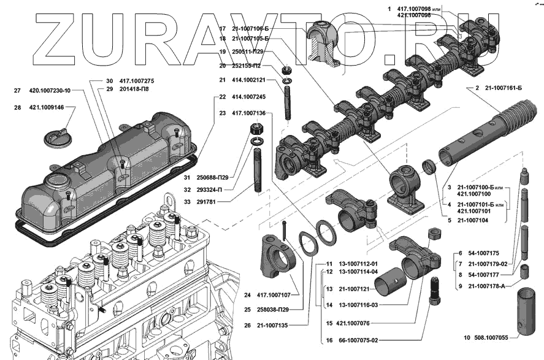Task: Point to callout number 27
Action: tap(18, 91)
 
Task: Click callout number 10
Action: tap(467, 337)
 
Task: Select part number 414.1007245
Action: tap(248, 97)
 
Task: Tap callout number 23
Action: tap(222, 113)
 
